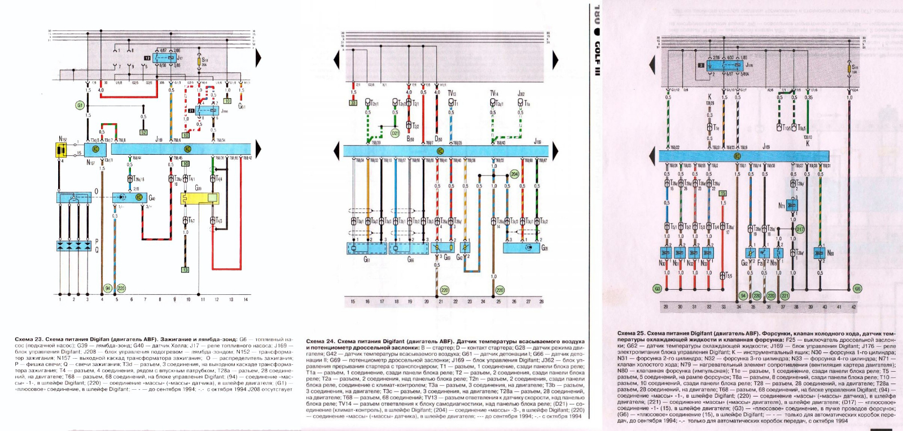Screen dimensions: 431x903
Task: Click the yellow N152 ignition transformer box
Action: click(62, 150)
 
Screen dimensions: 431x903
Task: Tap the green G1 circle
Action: click(80, 105)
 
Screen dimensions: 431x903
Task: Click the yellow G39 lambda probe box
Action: click(199, 198)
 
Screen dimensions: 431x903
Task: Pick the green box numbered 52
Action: click(143, 132)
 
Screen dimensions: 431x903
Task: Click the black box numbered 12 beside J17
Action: click(147, 58)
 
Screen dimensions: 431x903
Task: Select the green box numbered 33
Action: click(353, 103)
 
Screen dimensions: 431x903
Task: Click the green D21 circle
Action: click(395, 133)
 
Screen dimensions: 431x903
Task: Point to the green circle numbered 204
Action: click(514, 175)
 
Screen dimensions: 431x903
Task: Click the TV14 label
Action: click(494, 93)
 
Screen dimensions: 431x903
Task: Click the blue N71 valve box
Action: click(792, 206)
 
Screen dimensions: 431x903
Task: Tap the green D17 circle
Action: click(800, 229)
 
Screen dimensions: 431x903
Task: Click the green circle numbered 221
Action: click(784, 295)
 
